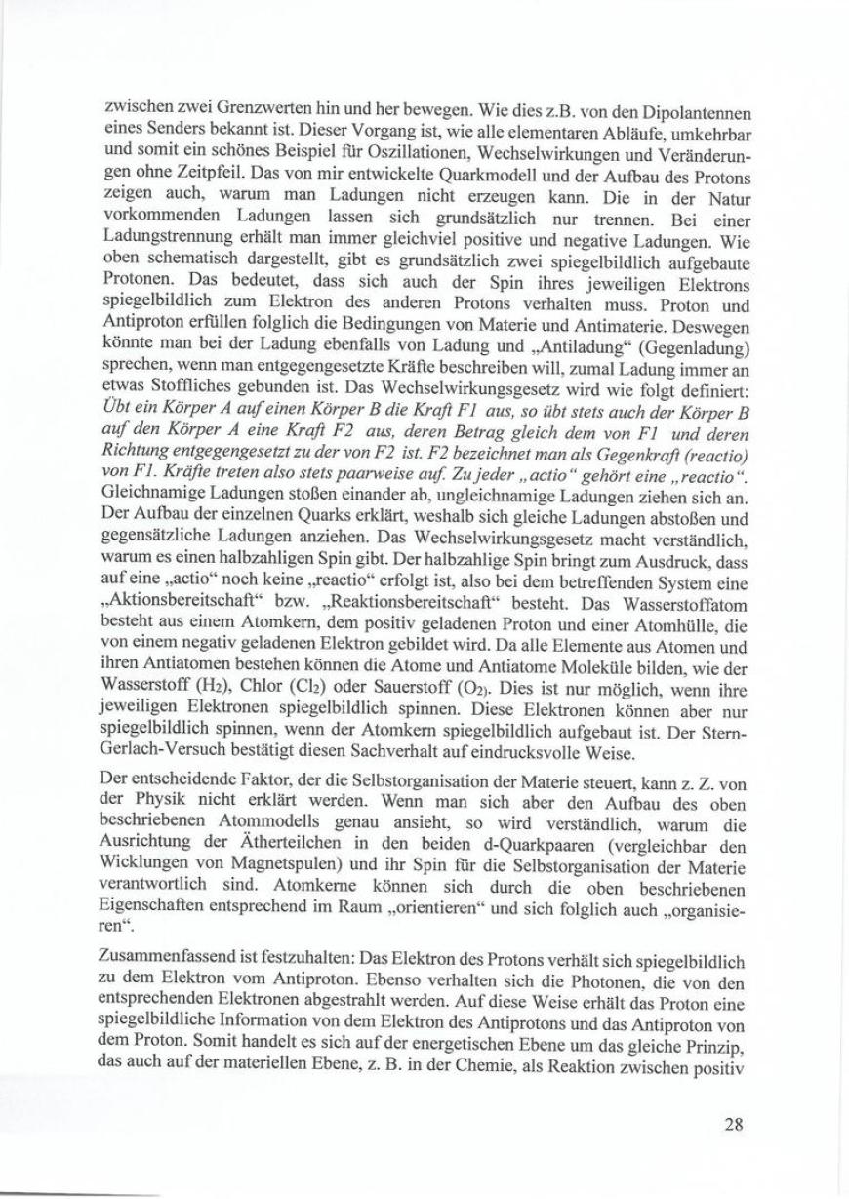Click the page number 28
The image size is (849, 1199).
click(735, 1124)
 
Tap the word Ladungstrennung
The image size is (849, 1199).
click(163, 240)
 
